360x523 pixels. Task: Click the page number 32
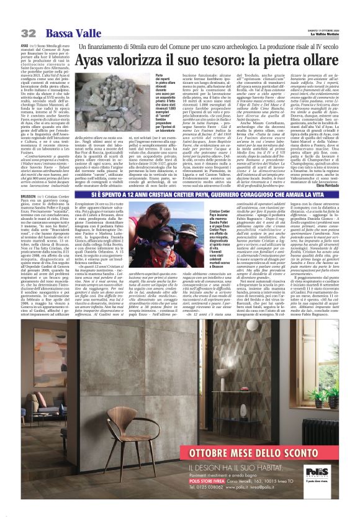point(28,32)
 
